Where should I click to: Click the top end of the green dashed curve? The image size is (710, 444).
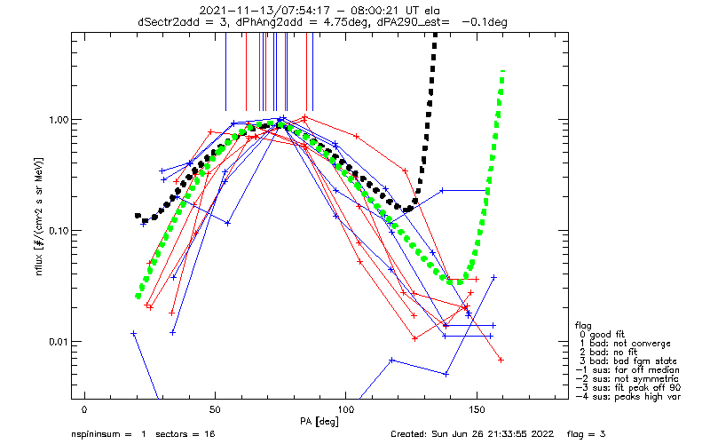(503, 71)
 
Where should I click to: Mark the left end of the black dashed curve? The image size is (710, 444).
(138, 215)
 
